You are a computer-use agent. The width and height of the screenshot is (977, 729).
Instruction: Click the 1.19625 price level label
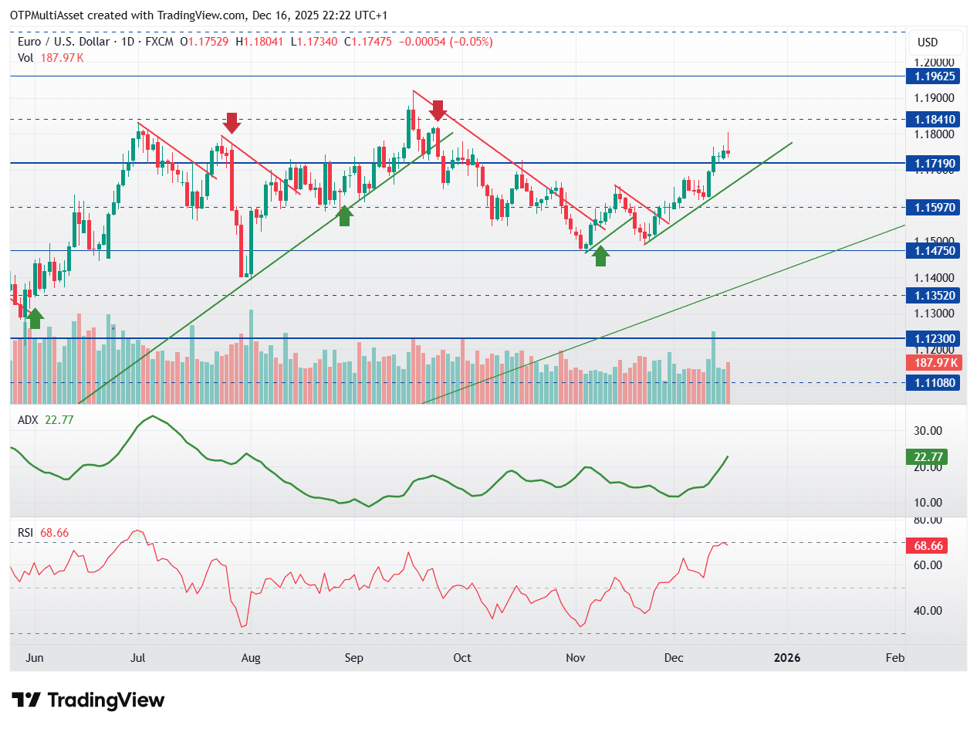pos(933,76)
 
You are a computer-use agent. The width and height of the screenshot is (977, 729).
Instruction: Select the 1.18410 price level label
pos(933,120)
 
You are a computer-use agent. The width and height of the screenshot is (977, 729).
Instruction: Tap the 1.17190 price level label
pos(933,164)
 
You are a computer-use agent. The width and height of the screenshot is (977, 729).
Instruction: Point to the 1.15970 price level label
pos(933,208)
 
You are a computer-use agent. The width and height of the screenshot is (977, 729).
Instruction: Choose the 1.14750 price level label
pos(933,251)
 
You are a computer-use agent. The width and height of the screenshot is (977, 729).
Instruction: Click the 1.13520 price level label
pos(933,295)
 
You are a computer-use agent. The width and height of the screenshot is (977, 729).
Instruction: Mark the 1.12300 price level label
pos(933,338)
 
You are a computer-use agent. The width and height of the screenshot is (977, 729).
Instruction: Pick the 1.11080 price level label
pos(933,382)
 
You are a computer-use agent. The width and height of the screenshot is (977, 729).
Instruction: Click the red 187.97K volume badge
pos(933,363)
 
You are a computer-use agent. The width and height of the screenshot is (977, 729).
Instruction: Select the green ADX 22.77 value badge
pos(925,456)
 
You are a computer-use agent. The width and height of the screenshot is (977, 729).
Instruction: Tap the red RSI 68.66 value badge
pos(925,546)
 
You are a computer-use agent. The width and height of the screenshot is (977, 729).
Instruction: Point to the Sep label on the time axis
pos(353,658)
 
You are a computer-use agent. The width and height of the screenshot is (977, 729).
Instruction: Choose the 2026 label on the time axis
pos(787,658)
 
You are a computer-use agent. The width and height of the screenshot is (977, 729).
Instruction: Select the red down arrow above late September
pos(438,110)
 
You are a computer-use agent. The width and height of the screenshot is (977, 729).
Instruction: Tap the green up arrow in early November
pos(600,256)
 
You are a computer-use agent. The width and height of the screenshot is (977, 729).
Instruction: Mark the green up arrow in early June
pos(34,318)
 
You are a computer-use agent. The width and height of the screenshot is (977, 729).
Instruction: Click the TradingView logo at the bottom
pos(89,700)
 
